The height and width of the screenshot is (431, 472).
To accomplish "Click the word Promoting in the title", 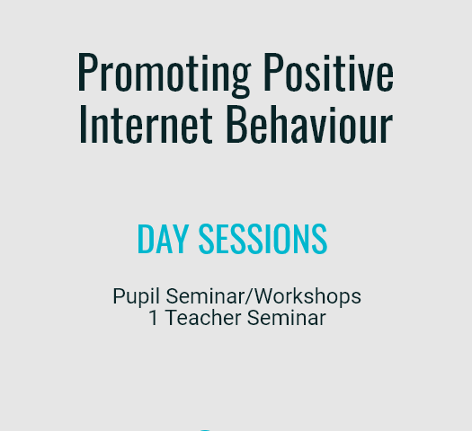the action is (x=164, y=75).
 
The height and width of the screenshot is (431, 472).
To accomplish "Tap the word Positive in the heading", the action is (x=329, y=72).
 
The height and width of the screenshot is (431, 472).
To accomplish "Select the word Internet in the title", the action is (x=146, y=124).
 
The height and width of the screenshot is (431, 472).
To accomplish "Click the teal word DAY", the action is (x=163, y=239).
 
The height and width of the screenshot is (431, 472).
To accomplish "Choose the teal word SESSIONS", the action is (x=263, y=239).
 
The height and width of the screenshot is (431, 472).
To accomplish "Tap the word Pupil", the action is (x=136, y=297).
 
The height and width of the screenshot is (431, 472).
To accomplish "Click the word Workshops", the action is (x=308, y=296).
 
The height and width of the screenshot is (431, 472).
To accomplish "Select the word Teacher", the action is (x=203, y=318).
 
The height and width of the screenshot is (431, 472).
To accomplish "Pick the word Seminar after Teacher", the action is (x=287, y=318).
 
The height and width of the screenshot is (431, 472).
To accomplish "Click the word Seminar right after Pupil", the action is (x=206, y=296).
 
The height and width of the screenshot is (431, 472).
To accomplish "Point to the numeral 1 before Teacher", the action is (x=154, y=318).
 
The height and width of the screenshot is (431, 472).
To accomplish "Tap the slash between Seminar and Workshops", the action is (x=250, y=296).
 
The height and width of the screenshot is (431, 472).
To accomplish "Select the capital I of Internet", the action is (x=83, y=125).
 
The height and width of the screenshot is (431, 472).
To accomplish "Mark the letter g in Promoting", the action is (x=240, y=77).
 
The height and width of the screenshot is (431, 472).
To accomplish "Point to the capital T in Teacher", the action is (x=173, y=318).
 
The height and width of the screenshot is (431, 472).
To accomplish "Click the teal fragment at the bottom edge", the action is (x=205, y=430).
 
